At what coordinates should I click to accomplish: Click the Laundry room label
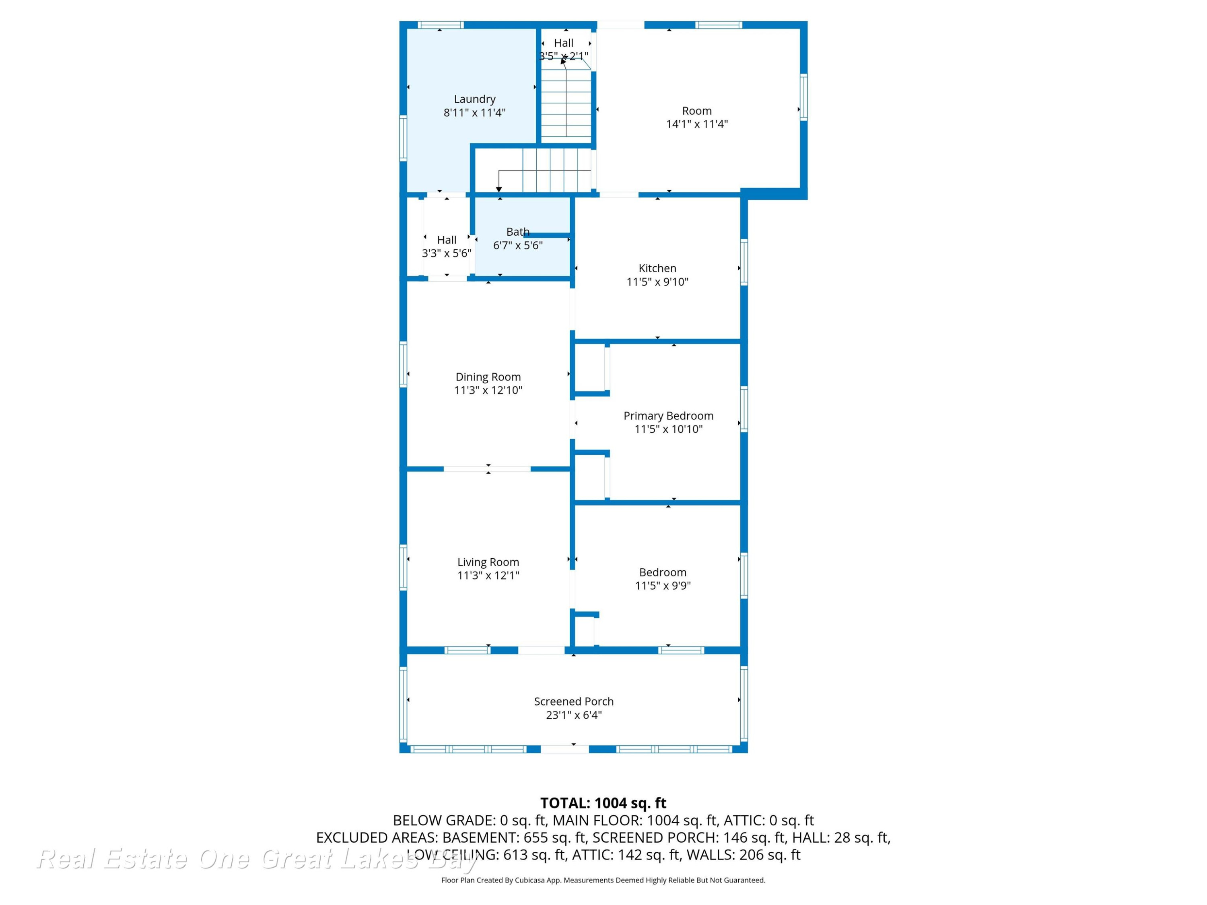(474, 99)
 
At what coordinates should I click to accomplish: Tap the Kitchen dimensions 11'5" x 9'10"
(657, 282)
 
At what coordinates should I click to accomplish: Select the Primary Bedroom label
(668, 415)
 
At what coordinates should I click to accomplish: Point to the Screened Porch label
(573, 701)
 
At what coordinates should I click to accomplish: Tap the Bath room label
(517, 232)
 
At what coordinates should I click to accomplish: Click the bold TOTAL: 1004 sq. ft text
(603, 803)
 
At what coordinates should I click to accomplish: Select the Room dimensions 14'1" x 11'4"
(697, 124)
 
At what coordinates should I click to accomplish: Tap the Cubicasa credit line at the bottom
(603, 880)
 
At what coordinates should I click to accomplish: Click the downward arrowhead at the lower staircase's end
(499, 189)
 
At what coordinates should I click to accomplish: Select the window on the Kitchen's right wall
(744, 262)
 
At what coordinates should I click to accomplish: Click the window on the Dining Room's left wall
(403, 364)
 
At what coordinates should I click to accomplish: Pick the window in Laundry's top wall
(440, 25)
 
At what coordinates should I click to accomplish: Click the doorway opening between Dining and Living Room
(487, 469)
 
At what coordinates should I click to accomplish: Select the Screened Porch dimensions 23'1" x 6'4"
(573, 715)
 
